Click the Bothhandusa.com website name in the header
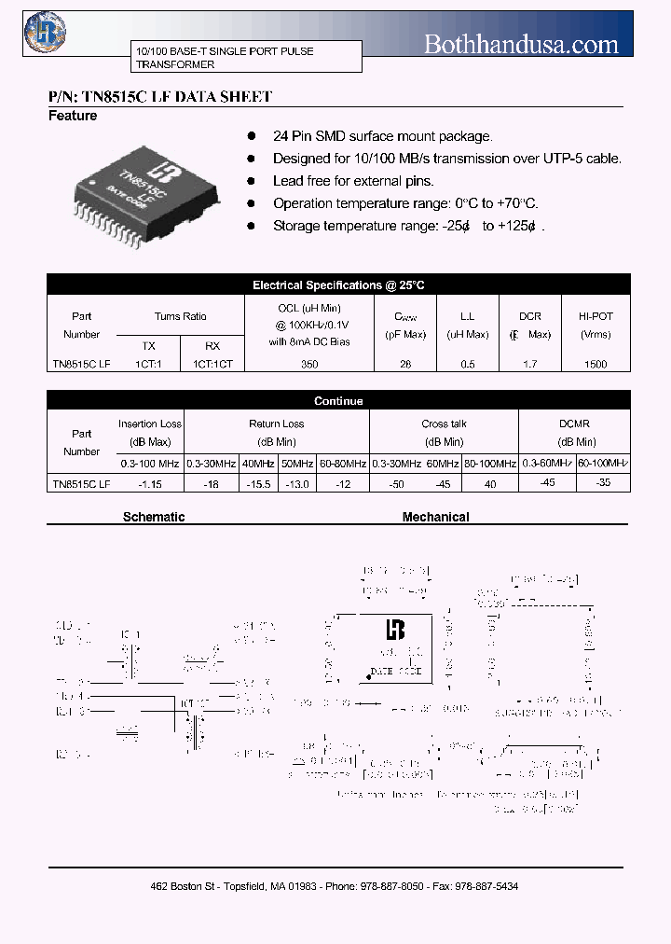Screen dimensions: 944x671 coord(521,44)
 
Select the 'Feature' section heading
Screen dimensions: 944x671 coord(73,116)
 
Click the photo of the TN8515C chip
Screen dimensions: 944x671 coord(148,194)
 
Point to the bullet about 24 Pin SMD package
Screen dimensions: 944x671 coord(382,136)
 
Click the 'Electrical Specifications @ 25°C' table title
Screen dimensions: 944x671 coord(338,285)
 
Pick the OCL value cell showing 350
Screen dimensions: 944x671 coord(309,365)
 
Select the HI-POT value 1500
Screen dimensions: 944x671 coord(595,365)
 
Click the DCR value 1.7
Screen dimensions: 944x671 coord(529,365)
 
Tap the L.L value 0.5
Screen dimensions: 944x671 coord(467,365)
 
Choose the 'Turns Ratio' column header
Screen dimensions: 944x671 coord(181,316)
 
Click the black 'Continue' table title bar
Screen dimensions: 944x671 coord(338,401)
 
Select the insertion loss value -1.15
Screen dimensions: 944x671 coord(149,484)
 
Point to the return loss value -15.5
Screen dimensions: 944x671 coord(257,484)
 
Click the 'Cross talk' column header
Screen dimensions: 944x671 coord(444,423)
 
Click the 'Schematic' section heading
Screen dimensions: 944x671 coord(154,517)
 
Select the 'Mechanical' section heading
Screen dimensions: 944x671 coord(435,517)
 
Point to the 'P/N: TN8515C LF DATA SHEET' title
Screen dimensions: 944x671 coord(159,96)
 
